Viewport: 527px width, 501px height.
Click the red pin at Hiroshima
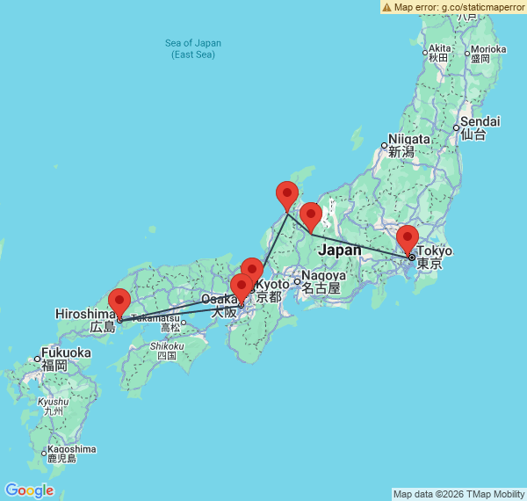click(119, 301)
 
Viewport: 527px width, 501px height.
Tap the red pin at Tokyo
click(408, 238)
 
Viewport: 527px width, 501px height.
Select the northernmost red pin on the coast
click(287, 194)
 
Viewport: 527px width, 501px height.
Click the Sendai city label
click(480, 121)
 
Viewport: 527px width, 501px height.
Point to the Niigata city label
click(409, 139)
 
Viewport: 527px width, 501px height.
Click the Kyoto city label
click(272, 285)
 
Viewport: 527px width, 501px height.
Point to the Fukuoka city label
click(66, 352)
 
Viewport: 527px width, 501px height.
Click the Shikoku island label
click(167, 346)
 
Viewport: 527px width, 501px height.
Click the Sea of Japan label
click(193, 43)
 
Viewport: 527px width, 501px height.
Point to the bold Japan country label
click(340, 250)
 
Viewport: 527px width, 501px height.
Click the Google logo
click(29, 490)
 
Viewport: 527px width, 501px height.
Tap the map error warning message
click(452, 7)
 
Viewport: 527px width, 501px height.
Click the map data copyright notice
click(458, 494)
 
